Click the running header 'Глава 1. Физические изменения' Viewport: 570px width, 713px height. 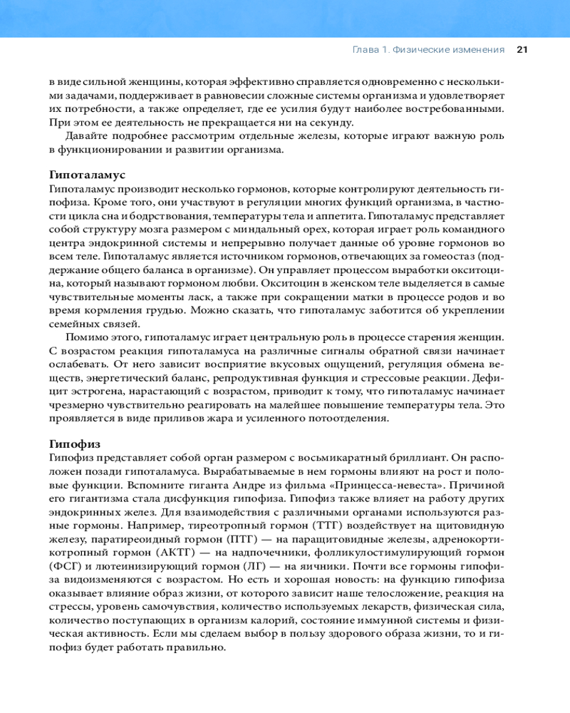click(429, 50)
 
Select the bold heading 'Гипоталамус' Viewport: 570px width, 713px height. click(87, 175)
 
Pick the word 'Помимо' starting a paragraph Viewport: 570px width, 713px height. click(87, 337)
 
